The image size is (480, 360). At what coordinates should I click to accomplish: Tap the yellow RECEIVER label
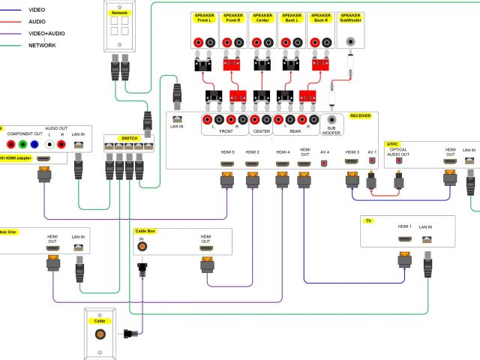tap(360, 116)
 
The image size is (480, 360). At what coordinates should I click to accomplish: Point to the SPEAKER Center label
tap(262, 18)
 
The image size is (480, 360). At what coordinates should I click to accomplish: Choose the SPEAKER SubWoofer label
tap(350, 18)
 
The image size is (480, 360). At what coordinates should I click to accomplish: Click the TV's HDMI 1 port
tap(405, 238)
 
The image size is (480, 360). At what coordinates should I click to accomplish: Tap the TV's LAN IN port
tap(426, 238)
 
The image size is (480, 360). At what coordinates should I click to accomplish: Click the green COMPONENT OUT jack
tap(22, 145)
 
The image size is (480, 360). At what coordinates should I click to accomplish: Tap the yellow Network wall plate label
tap(119, 13)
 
